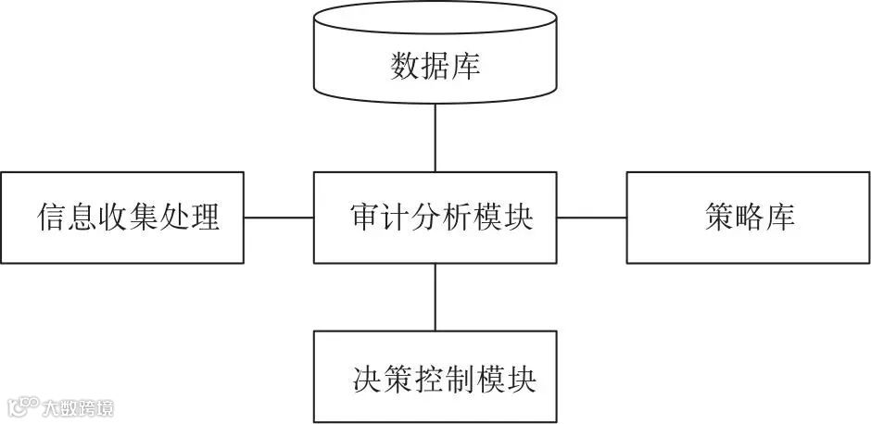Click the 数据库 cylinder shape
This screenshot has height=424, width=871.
[435, 56]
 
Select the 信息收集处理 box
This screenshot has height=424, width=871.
[122, 218]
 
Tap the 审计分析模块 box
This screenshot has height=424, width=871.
[435, 218]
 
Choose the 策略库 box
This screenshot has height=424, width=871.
[748, 218]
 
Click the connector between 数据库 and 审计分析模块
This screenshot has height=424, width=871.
[435, 135]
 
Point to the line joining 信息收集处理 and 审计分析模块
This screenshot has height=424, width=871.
[279, 218]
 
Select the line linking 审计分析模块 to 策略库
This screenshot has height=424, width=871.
[591, 218]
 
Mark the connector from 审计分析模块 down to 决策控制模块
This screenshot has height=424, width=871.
[435, 297]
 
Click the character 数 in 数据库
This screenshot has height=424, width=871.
[405, 67]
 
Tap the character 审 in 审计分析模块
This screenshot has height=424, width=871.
[364, 218]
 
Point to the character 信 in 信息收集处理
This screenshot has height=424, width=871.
[50, 218]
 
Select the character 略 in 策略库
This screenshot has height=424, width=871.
[749, 218]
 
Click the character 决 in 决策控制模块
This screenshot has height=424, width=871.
[367, 379]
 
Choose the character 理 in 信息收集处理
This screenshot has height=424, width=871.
[206, 218]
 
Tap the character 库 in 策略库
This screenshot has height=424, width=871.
[780, 218]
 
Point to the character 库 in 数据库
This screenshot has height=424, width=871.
[466, 67]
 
